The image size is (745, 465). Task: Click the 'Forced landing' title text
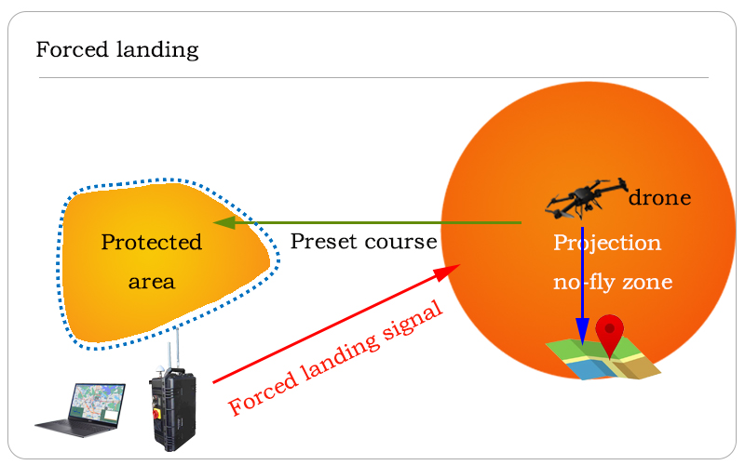pyautogui.click(x=117, y=49)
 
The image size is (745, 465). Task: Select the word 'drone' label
pyautogui.click(x=660, y=197)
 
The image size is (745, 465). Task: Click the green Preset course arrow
pyautogui.click(x=372, y=223)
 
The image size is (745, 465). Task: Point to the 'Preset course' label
pyautogui.click(x=363, y=242)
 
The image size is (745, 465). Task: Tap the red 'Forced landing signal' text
pyautogui.click(x=335, y=359)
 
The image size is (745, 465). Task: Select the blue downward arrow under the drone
pyautogui.click(x=582, y=279)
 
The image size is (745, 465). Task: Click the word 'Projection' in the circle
pyautogui.click(x=607, y=244)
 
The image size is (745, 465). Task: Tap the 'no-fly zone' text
pyautogui.click(x=613, y=282)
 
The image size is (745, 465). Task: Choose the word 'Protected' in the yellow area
pyautogui.click(x=152, y=243)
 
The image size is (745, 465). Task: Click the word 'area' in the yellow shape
pyautogui.click(x=152, y=281)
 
